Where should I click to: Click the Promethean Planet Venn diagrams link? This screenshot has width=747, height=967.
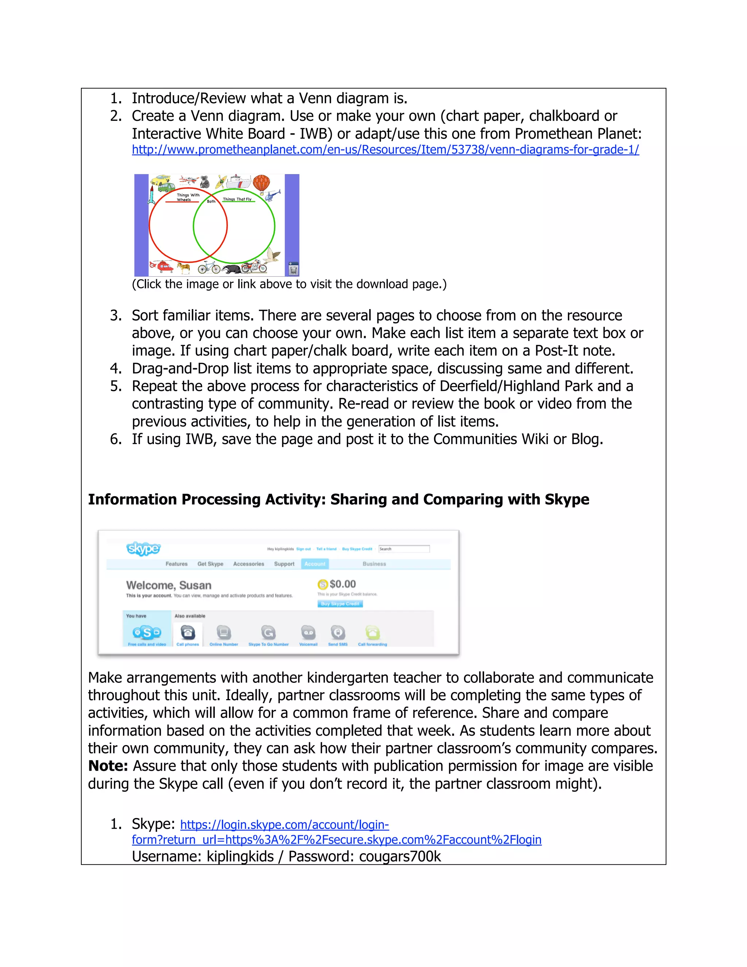(x=385, y=150)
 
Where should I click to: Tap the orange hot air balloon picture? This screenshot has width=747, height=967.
(x=262, y=184)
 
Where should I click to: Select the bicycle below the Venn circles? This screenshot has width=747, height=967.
(x=209, y=267)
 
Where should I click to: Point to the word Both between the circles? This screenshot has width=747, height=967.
(x=211, y=201)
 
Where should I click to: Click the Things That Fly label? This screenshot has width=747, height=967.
(x=237, y=199)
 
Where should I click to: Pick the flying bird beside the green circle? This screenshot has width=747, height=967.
(x=274, y=257)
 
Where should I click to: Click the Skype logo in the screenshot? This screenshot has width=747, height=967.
(x=143, y=548)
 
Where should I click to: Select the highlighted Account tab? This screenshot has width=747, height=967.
(x=315, y=564)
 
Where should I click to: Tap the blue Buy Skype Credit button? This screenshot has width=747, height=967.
(x=340, y=604)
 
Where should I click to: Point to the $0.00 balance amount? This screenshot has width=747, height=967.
(x=342, y=584)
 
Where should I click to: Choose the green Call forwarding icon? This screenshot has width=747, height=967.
(x=373, y=633)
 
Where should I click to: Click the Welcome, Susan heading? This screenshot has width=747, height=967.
(x=169, y=585)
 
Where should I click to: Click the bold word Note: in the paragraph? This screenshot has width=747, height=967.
(x=108, y=766)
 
